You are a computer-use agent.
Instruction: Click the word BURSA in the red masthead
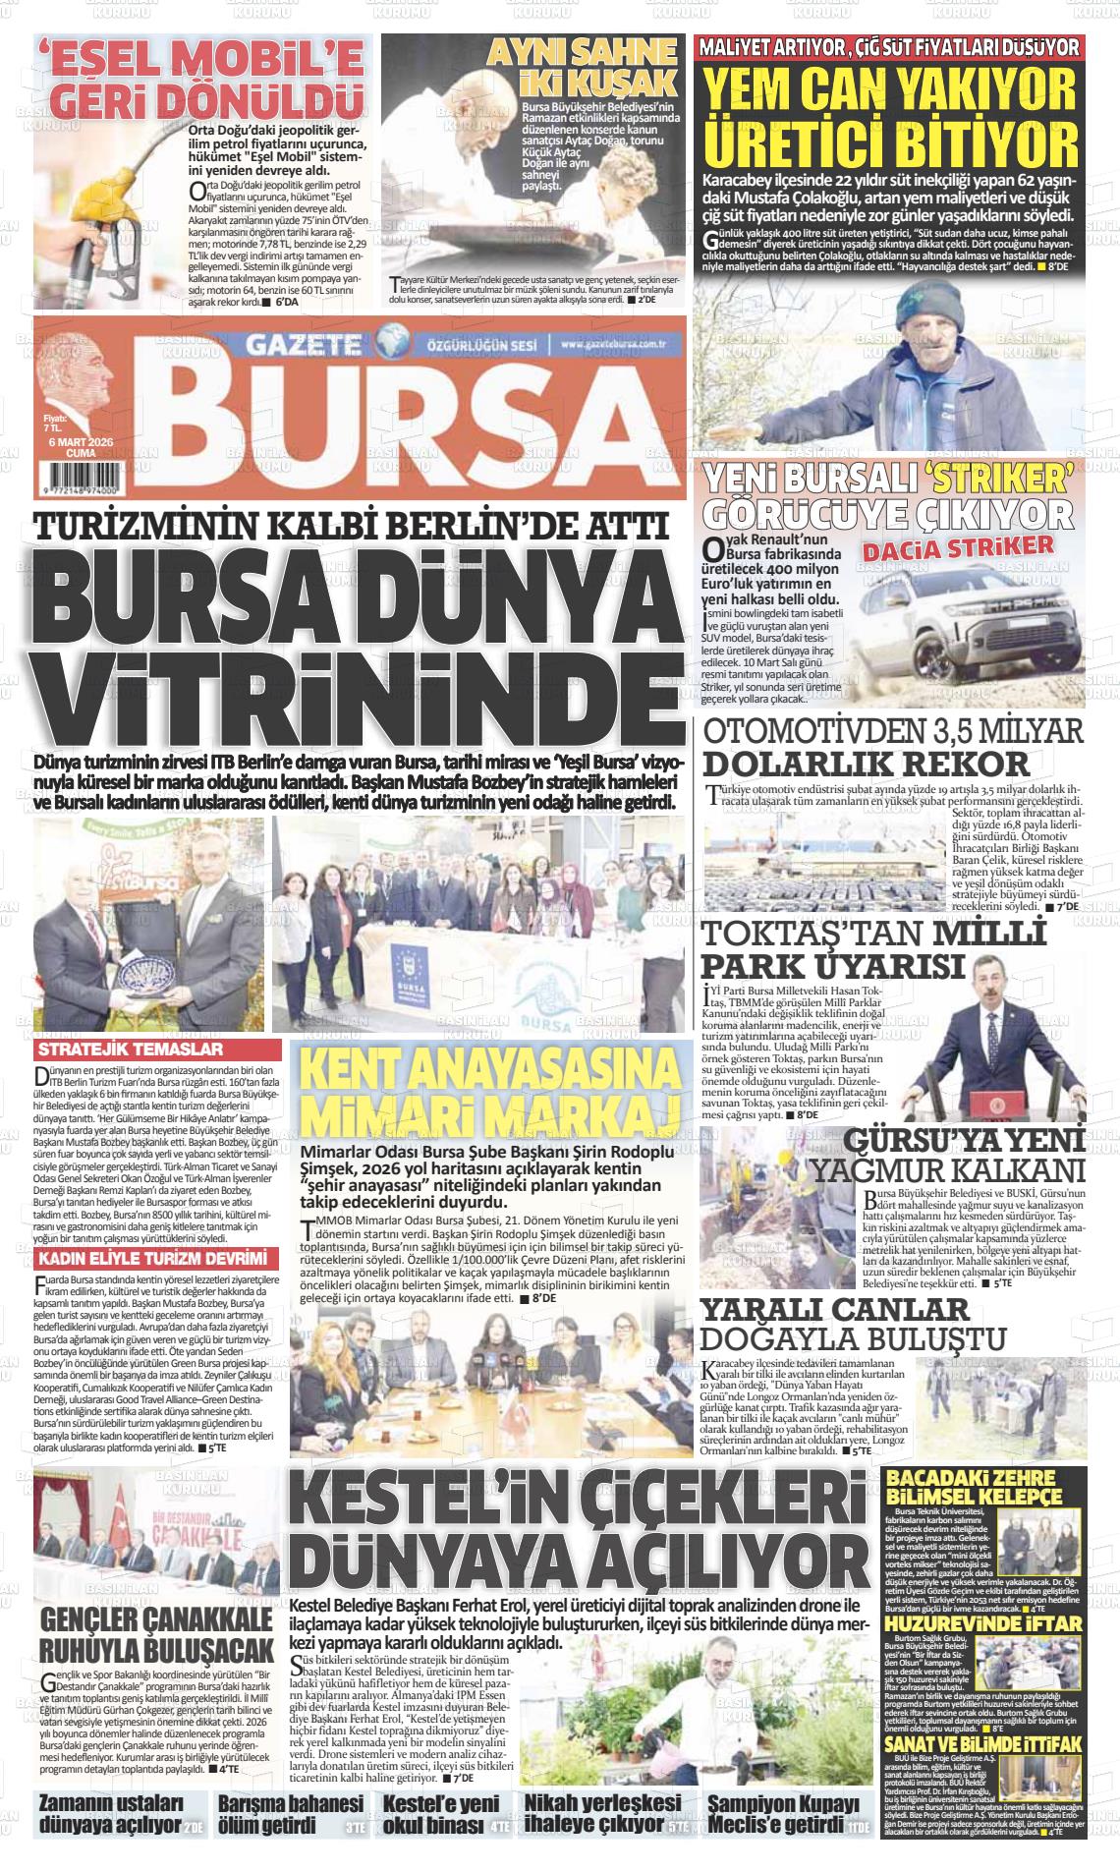click(x=413, y=420)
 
